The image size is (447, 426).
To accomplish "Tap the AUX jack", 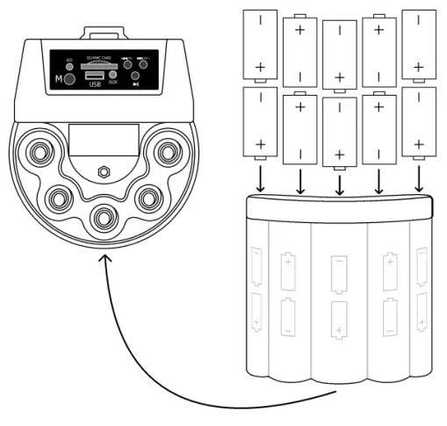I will (112, 75).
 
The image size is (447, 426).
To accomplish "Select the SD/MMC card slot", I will (94, 65).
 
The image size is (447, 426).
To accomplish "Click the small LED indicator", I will (69, 66).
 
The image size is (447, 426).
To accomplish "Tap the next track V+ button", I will (143, 64).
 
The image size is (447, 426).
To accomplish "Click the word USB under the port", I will (94, 84).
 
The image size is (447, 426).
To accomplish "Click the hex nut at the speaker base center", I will (104, 170).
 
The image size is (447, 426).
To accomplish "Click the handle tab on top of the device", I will (104, 33).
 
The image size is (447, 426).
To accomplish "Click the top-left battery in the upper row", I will (260, 44).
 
